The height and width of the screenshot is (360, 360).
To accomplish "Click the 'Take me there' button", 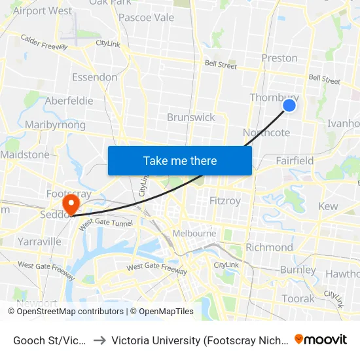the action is (x=179, y=160).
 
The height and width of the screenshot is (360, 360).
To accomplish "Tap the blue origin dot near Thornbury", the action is (x=289, y=105).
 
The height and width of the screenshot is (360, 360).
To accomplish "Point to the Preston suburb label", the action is (x=279, y=58).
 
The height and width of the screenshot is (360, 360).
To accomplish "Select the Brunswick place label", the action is (x=190, y=117).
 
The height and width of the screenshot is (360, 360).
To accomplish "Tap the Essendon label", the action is (x=95, y=77).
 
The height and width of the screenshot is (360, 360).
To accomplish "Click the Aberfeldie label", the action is (x=69, y=101).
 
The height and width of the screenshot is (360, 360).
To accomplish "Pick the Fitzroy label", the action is (x=225, y=200).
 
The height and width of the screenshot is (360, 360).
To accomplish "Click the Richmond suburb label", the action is (x=269, y=247).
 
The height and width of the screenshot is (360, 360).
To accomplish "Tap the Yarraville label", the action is (x=40, y=241).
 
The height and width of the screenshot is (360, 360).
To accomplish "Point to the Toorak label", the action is (x=298, y=298).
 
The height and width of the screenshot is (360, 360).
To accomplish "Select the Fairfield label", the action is (x=295, y=160).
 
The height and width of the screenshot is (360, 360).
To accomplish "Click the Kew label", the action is (x=328, y=206).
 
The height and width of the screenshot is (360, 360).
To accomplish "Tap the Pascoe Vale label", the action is (x=146, y=17).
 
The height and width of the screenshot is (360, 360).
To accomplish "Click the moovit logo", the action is (x=321, y=339).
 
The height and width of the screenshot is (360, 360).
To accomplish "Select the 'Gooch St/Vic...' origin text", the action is (x=50, y=340).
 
